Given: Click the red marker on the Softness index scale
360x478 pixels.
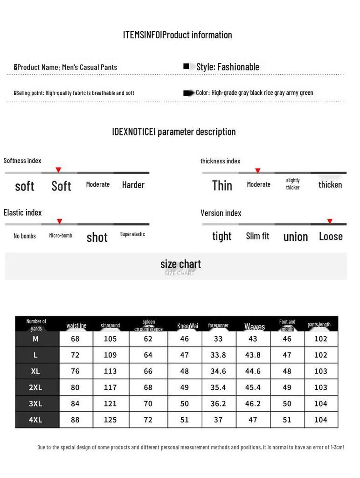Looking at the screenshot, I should tap(58, 169).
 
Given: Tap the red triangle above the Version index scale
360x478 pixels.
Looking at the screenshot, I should tap(330, 221).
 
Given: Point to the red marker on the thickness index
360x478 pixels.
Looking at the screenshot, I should tap(257, 170).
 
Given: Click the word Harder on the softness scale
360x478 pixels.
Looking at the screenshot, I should tap(133, 185).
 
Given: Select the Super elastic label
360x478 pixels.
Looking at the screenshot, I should tap(132, 234).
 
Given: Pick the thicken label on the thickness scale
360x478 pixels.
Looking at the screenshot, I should tap(330, 185).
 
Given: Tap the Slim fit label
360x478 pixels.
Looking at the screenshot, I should tap(257, 236).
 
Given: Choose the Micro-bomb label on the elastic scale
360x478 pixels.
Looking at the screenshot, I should tap(61, 235).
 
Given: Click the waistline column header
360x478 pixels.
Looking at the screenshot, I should tap(76, 325).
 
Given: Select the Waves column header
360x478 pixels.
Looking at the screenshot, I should tap(255, 327).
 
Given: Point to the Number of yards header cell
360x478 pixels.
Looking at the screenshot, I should tap(36, 324).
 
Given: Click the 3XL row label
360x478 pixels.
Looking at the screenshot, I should tap(36, 404).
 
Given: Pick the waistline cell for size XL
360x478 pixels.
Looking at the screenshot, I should tap(76, 372).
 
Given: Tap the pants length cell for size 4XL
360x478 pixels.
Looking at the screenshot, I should tap(321, 420).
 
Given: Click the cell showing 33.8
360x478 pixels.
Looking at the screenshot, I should tap(218, 355).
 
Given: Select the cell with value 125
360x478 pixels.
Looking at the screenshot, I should tap(111, 420).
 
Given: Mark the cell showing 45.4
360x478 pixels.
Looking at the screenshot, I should tap(253, 387).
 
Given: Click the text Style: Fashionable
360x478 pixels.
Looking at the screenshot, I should tap(228, 67).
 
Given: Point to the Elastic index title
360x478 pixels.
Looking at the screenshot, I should tap(23, 212).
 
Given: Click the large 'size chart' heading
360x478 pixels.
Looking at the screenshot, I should tap(180, 264).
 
